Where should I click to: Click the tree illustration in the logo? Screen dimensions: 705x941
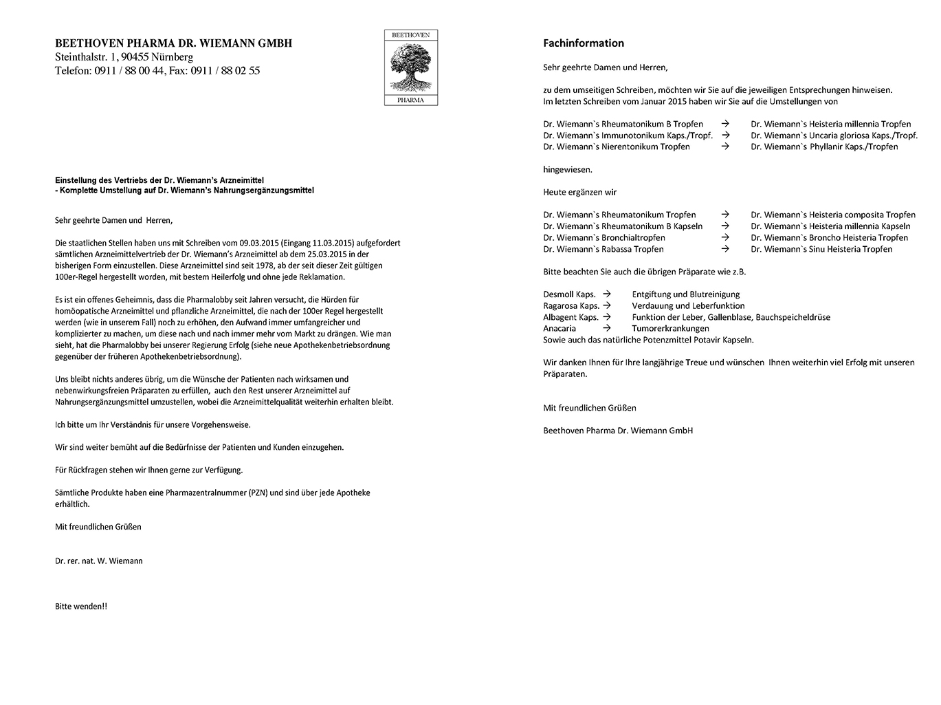click(410, 68)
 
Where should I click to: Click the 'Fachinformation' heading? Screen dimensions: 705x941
click(584, 43)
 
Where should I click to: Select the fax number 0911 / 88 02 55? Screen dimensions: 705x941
click(225, 71)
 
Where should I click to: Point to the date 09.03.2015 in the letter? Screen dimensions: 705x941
click(258, 243)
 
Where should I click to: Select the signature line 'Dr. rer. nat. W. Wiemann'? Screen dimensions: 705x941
click(99, 561)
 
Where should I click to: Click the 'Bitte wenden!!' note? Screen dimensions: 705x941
click(81, 607)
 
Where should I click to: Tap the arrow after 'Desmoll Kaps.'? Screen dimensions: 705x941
click(606, 294)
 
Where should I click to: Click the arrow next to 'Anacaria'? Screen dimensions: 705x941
click(606, 329)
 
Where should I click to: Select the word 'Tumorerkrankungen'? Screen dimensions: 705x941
click(670, 329)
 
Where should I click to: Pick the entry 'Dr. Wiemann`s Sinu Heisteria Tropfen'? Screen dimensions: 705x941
click(821, 250)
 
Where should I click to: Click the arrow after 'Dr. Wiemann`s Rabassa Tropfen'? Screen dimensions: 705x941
click(725, 249)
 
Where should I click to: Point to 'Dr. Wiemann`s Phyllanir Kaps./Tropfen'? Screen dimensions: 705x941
click(824, 147)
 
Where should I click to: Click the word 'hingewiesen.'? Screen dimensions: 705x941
click(568, 169)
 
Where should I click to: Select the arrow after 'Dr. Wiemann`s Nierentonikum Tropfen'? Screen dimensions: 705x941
click(725, 147)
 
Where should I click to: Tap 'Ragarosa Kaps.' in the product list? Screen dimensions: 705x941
click(571, 306)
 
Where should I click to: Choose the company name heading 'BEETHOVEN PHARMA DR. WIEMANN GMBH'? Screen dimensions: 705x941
click(173, 43)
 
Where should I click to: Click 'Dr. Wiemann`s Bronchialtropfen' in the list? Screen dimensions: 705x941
click(604, 238)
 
